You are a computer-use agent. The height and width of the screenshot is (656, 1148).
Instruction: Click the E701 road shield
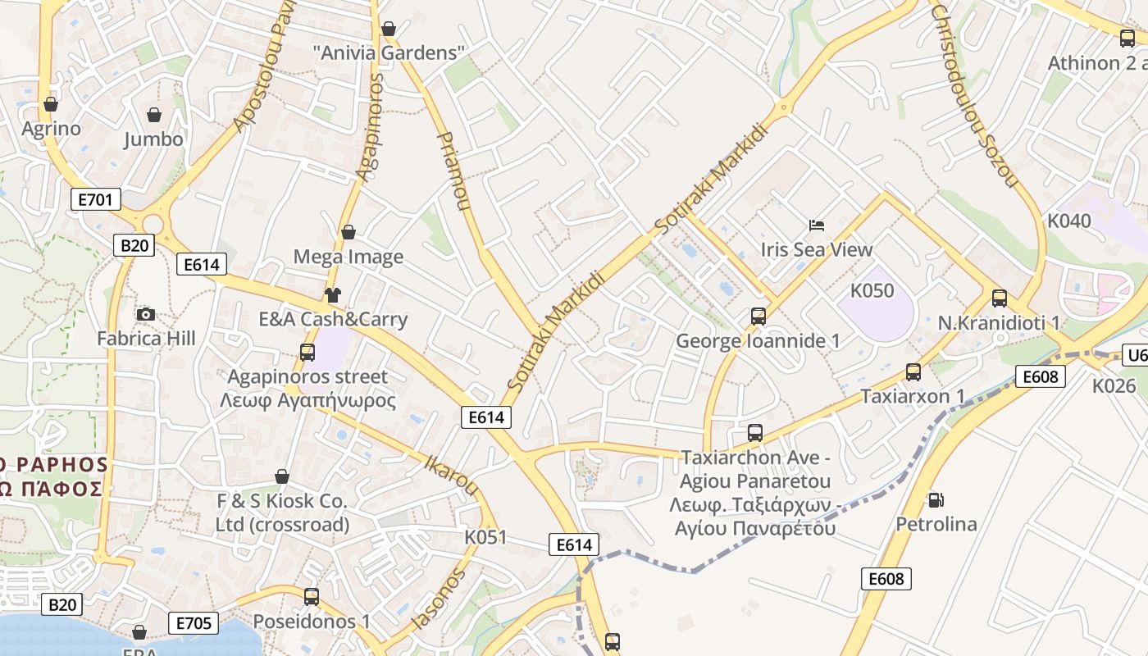pyautogui.click(x=96, y=199)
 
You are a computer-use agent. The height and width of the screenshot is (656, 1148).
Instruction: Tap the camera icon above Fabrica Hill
pyautogui.click(x=146, y=314)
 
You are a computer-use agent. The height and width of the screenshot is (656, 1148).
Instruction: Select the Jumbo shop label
pyautogui.click(x=153, y=139)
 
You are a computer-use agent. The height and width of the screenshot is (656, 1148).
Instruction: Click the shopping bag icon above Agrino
pyautogui.click(x=51, y=104)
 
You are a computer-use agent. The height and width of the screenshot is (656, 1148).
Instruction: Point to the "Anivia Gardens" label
pyautogui.click(x=389, y=52)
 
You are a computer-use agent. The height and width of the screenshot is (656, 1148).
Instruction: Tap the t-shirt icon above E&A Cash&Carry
pyautogui.click(x=332, y=295)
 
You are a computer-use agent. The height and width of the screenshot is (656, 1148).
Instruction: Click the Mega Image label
pyautogui.click(x=348, y=257)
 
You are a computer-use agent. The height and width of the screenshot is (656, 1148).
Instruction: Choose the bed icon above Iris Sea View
pyautogui.click(x=817, y=225)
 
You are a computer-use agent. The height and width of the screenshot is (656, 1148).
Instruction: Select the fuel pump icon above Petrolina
pyautogui.click(x=936, y=499)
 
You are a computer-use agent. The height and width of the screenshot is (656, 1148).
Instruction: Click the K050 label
pyautogui.click(x=872, y=290)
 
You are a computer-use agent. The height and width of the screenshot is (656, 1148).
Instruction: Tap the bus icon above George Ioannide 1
pyautogui.click(x=758, y=316)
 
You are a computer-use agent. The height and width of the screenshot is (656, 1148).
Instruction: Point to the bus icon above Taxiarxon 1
pyautogui.click(x=913, y=372)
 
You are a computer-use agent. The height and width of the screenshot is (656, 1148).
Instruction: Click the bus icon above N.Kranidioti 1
pyautogui.click(x=1000, y=298)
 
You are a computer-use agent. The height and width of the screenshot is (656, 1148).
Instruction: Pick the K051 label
pyautogui.click(x=485, y=537)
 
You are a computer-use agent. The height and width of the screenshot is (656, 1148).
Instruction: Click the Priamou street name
pyautogui.click(x=453, y=171)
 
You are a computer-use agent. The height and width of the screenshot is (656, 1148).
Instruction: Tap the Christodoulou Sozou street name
pyautogui.click(x=973, y=96)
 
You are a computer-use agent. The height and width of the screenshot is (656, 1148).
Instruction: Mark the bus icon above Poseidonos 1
pyautogui.click(x=312, y=597)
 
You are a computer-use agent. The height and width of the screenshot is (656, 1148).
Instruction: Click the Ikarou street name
pyautogui.click(x=451, y=475)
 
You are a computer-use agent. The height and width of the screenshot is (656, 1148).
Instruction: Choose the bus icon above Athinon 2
pyautogui.click(x=1127, y=38)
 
